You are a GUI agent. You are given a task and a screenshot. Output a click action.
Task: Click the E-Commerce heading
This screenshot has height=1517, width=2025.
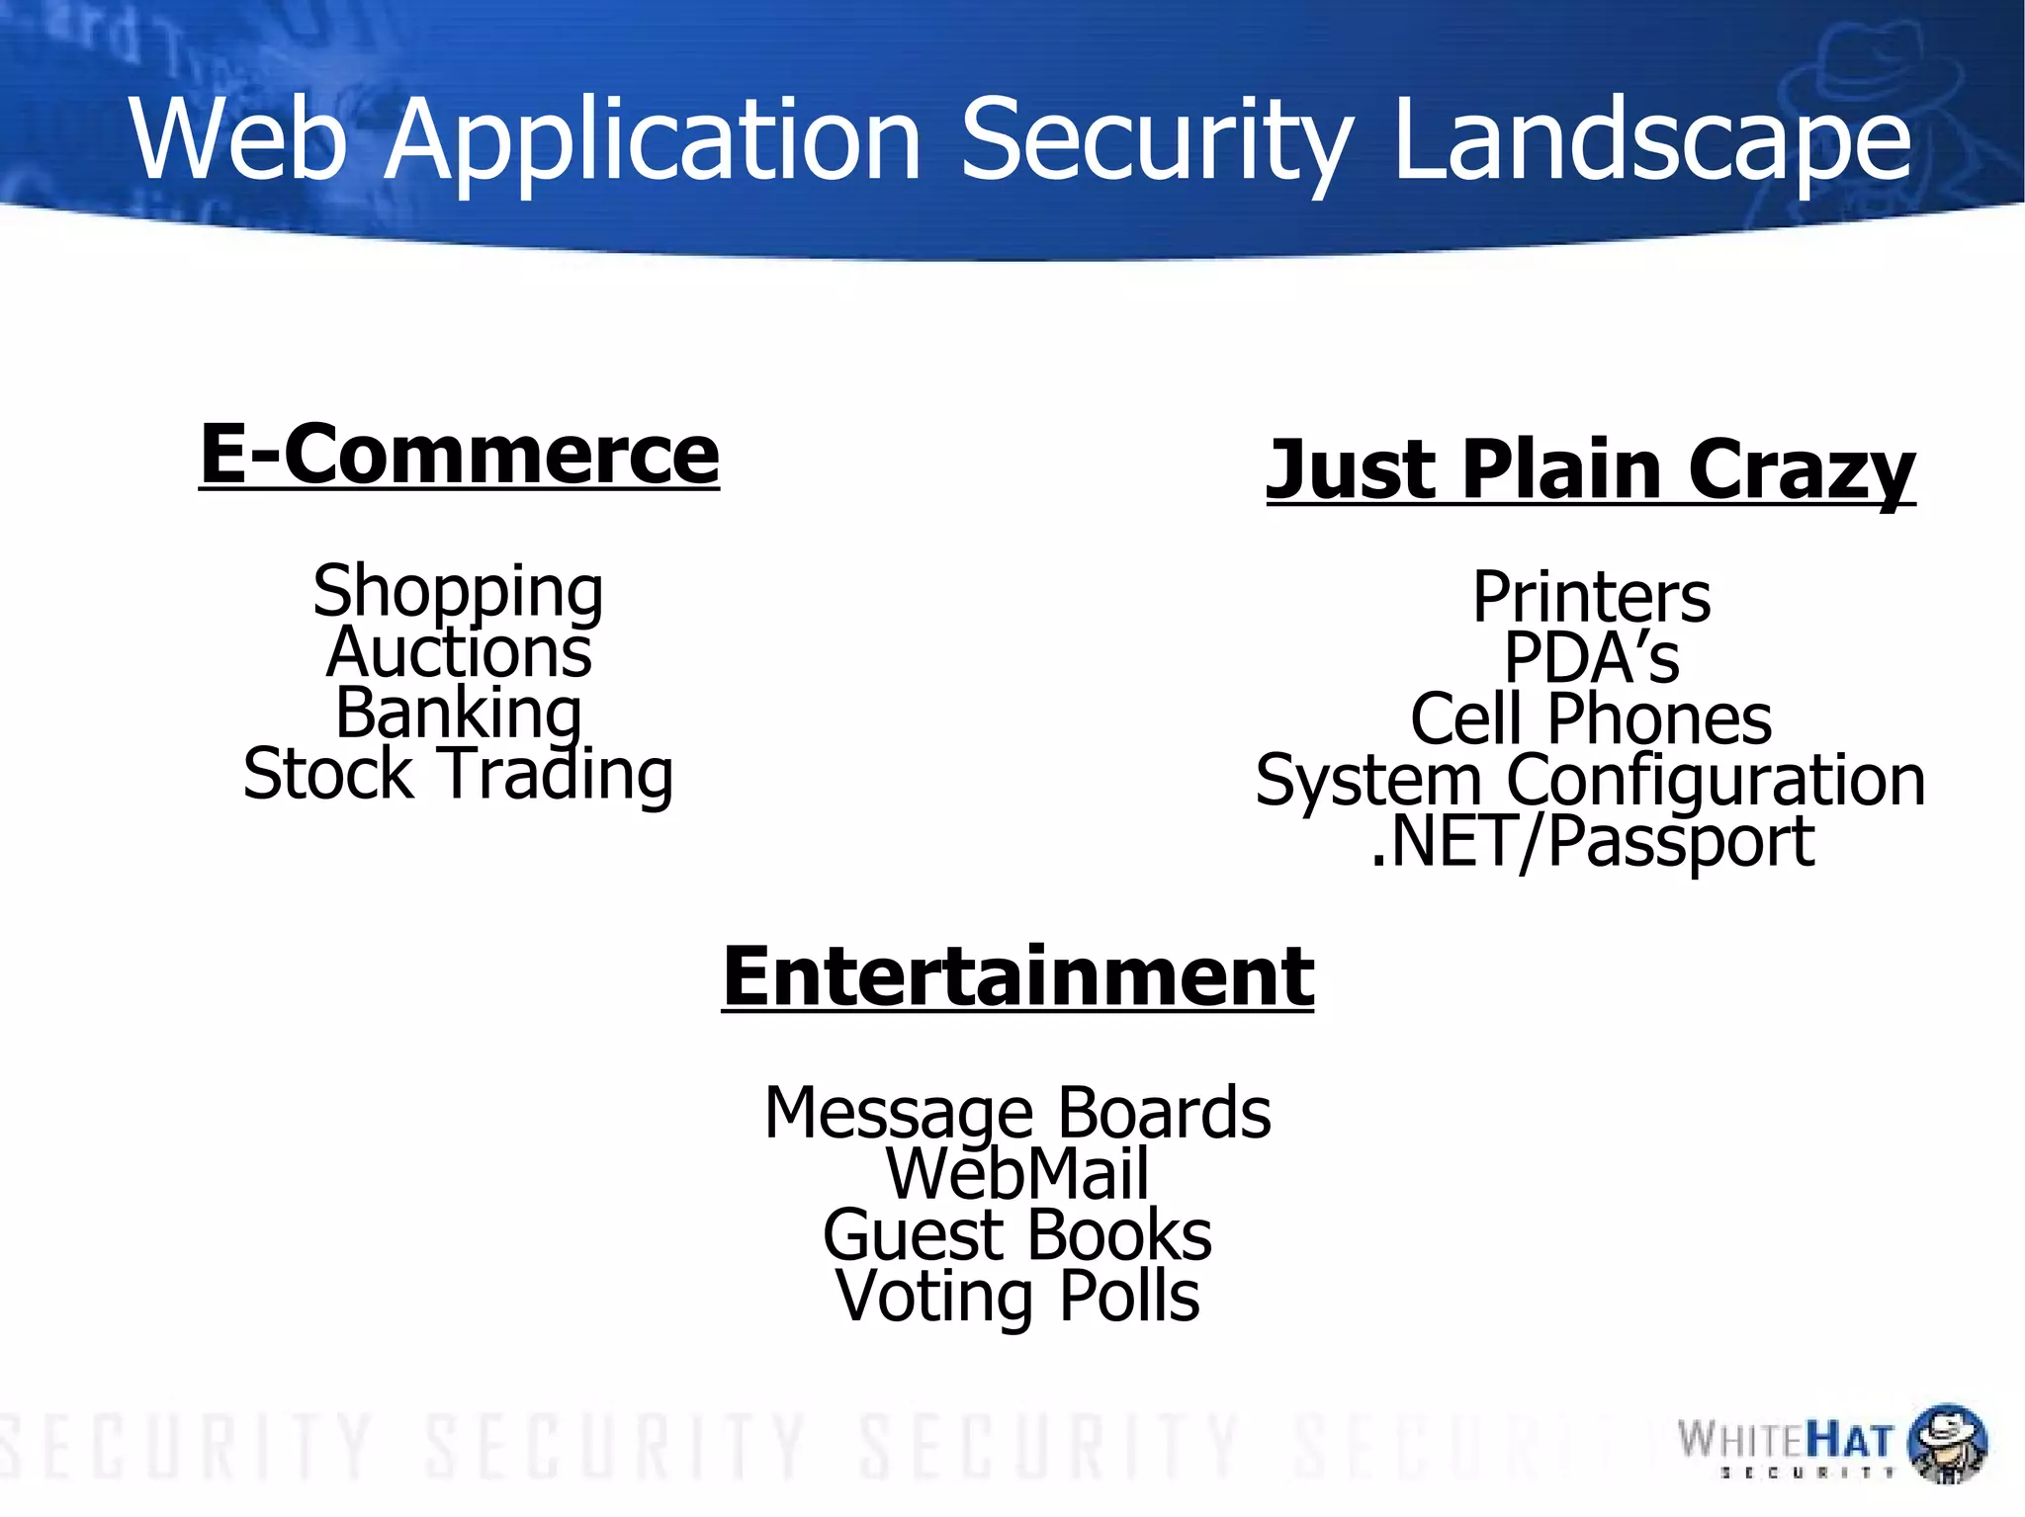tap(459, 454)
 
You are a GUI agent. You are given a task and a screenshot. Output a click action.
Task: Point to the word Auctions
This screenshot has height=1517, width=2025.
tap(459, 652)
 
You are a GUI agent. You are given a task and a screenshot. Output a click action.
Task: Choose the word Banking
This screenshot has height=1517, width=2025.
tap(459, 713)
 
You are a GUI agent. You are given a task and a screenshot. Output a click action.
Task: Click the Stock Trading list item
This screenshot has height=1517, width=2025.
tap(458, 774)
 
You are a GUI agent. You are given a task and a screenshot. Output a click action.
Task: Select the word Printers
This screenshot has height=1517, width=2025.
tap(1591, 597)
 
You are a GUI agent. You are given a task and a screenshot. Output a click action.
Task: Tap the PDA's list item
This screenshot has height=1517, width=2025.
tap(1591, 657)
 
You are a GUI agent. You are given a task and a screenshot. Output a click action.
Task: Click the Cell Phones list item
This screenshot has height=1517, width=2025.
tap(1591, 718)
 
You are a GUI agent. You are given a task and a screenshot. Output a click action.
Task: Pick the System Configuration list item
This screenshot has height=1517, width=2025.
tap(1590, 780)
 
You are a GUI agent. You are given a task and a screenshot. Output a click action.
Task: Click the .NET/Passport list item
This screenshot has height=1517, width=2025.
tap(1592, 841)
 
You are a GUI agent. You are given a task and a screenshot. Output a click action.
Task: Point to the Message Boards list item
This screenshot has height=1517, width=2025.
tap(1017, 1113)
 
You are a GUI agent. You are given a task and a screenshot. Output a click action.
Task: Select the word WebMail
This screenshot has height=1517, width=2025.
tap(1017, 1173)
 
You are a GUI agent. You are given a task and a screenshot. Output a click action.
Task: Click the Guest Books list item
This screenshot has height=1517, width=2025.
tap(1017, 1234)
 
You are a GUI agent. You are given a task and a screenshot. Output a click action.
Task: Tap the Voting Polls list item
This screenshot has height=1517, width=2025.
tap(1017, 1296)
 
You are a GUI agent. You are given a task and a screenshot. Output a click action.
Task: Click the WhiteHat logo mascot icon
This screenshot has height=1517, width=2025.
tap(1946, 1443)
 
